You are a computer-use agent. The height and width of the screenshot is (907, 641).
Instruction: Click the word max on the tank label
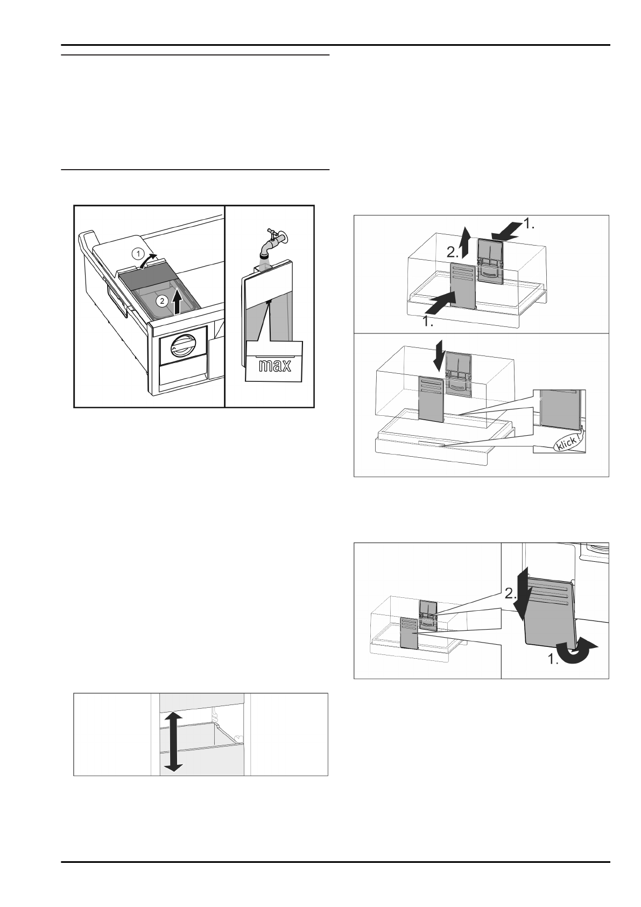(274, 366)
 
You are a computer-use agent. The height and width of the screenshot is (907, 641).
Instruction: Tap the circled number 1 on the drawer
(138, 252)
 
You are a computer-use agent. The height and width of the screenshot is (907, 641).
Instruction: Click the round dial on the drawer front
(181, 345)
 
